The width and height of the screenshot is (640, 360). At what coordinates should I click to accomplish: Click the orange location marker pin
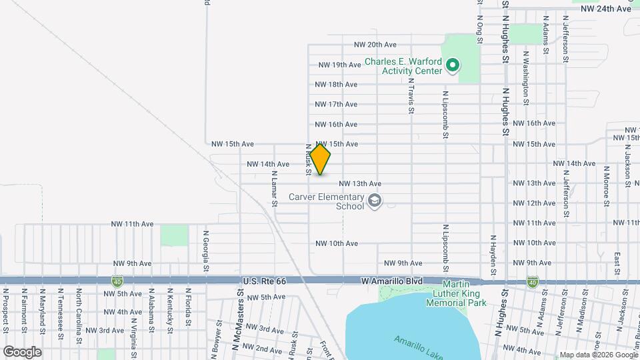tap(321, 159)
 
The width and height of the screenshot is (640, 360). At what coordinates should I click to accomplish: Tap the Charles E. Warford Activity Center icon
tap(453, 65)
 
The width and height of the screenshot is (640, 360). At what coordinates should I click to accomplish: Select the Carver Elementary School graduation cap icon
tap(375, 201)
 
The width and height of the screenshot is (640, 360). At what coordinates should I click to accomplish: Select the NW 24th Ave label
tap(605, 9)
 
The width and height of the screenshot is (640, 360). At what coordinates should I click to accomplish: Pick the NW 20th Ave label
tap(375, 45)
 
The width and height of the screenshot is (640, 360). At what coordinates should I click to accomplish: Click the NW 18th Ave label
tap(336, 85)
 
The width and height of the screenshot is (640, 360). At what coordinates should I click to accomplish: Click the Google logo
tap(22, 352)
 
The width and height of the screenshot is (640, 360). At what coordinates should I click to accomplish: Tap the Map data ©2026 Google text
tap(598, 355)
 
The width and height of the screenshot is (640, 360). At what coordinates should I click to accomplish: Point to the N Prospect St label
tap(5, 309)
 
